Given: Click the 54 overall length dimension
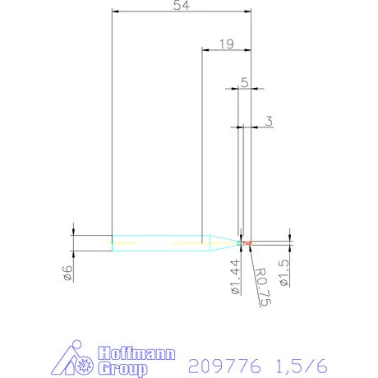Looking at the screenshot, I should [179, 7].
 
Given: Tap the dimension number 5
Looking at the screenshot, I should [244, 81].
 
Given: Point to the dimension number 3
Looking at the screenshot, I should [269, 121].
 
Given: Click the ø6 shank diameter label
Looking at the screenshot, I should [68, 273].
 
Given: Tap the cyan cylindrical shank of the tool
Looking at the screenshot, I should [156, 242].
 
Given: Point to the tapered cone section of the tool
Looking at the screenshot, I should [220, 242].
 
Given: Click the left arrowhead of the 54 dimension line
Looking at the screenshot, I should [115, 12].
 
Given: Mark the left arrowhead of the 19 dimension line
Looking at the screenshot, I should [205, 50].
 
